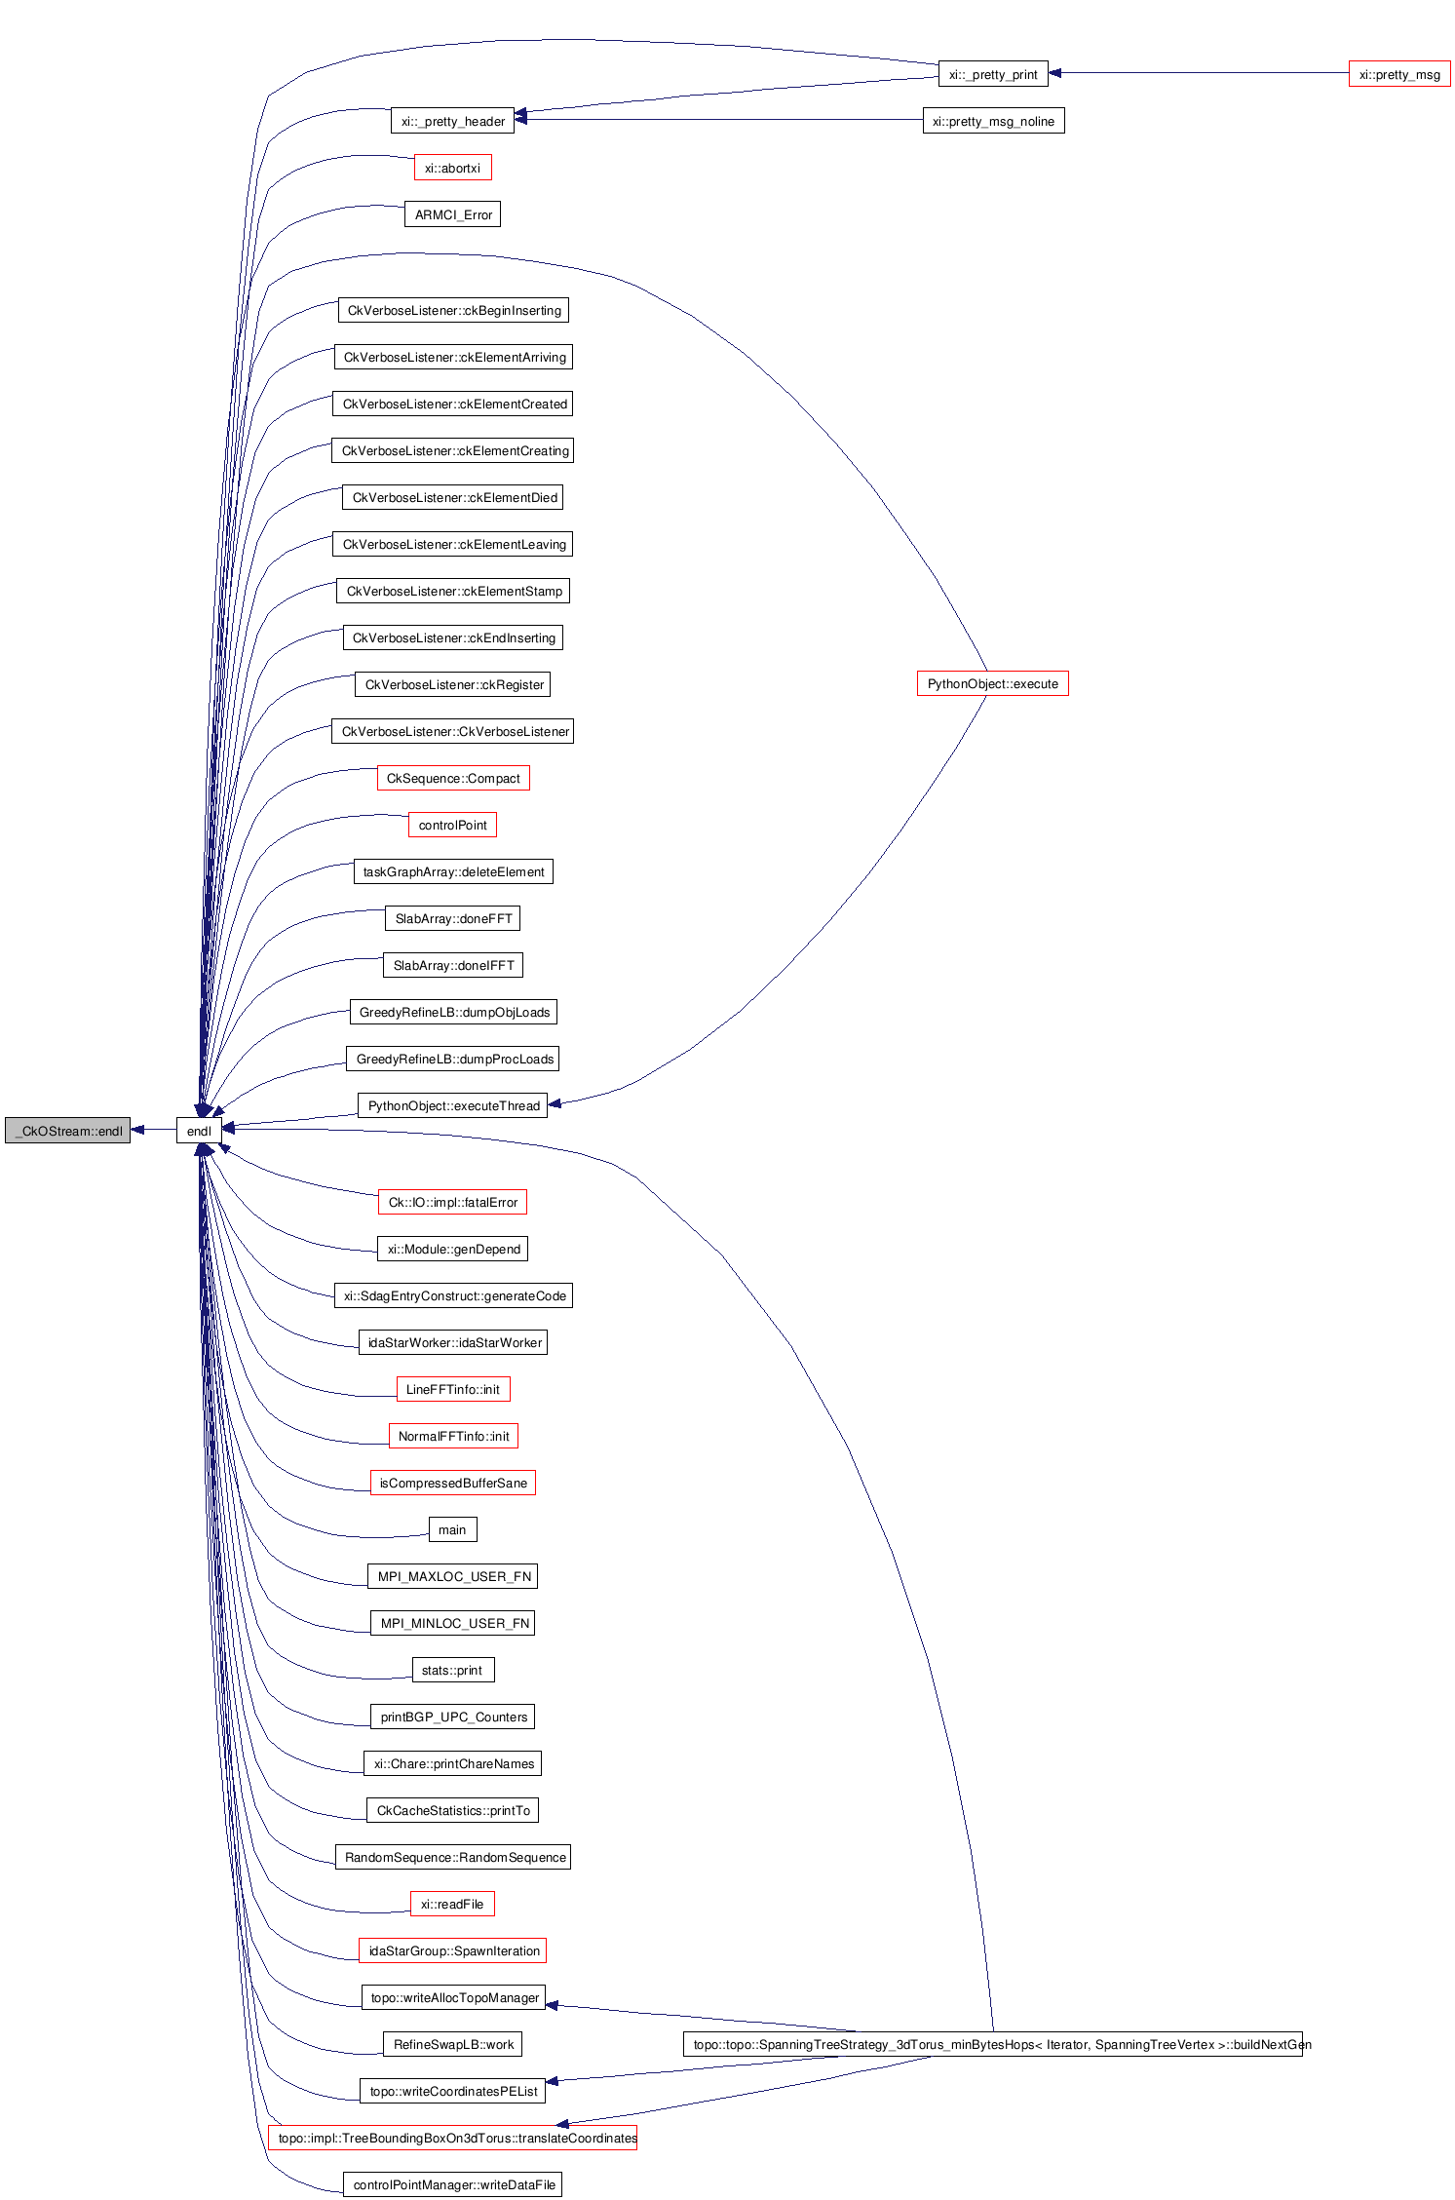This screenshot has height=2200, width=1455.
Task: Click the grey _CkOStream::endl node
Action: tap(67, 1131)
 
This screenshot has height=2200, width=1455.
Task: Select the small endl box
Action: tap(199, 1131)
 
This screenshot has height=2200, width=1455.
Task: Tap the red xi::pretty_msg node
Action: tap(1398, 74)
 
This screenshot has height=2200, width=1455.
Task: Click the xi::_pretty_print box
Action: tap(992, 74)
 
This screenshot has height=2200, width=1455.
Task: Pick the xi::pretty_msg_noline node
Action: tap(992, 121)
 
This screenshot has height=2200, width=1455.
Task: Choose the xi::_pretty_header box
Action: tap(452, 121)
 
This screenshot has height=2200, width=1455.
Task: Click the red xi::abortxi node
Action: tap(452, 168)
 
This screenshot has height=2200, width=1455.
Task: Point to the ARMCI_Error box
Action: tap(452, 214)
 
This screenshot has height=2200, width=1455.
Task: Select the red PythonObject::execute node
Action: tap(992, 683)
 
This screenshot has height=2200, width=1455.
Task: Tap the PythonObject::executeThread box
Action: tap(452, 1105)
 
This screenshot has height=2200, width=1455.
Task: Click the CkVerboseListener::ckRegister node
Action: tap(452, 684)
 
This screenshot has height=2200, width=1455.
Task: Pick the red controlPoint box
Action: tap(452, 825)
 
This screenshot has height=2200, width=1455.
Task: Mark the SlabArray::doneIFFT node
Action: tap(452, 965)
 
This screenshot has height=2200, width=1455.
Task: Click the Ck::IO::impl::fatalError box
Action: tap(452, 1202)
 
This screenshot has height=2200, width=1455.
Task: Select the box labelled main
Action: tap(452, 1529)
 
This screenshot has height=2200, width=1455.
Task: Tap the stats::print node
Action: tap(452, 1670)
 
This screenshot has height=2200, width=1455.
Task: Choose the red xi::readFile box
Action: tap(452, 1904)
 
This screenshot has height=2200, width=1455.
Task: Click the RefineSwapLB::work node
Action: tap(452, 2044)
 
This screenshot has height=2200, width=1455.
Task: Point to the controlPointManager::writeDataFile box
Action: tap(452, 2184)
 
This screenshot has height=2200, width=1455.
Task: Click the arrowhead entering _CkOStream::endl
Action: tap(137, 1130)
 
